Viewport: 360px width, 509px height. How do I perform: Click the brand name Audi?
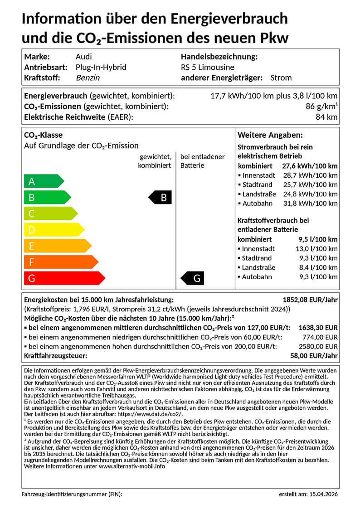[x=83, y=57]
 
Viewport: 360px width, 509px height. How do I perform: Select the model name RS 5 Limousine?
[x=207, y=67]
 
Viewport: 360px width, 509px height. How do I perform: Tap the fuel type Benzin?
[x=88, y=78]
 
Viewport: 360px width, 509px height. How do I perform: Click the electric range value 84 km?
[x=326, y=117]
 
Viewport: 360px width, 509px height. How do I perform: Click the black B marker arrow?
[x=161, y=198]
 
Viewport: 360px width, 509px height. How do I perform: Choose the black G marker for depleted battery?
[x=193, y=278]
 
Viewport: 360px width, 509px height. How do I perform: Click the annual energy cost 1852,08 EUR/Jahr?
[x=310, y=300]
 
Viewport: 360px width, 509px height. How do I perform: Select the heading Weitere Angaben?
[x=270, y=136]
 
